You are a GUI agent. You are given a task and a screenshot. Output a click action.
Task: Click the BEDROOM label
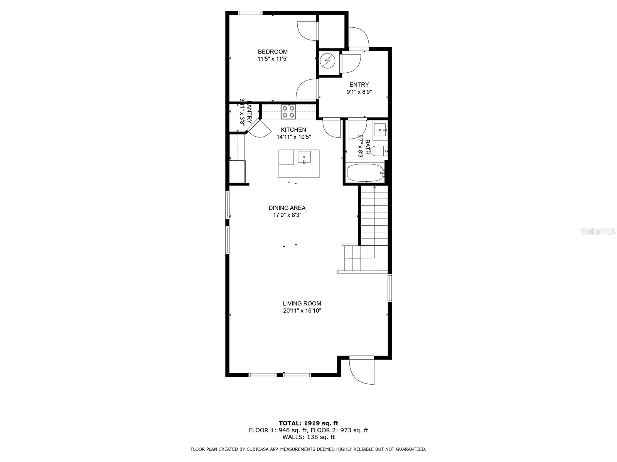(x=273, y=52)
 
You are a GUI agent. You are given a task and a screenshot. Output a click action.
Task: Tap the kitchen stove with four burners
(x=288, y=112)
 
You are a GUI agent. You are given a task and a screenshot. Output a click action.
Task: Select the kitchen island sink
(x=304, y=157)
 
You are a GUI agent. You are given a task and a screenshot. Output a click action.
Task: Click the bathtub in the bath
(x=365, y=173)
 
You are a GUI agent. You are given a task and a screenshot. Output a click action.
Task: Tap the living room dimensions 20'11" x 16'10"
(x=302, y=311)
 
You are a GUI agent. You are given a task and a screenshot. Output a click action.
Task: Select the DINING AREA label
(x=287, y=208)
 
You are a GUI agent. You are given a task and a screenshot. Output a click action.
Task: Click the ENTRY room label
(x=359, y=85)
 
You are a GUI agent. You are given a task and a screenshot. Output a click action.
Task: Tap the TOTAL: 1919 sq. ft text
(x=308, y=423)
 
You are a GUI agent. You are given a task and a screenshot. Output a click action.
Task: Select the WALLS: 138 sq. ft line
(x=308, y=437)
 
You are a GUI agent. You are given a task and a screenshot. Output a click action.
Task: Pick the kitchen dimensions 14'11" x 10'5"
(x=293, y=137)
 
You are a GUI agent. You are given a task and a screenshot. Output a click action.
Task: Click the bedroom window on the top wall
(x=251, y=13)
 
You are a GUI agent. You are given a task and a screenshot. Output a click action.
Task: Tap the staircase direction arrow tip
(x=374, y=187)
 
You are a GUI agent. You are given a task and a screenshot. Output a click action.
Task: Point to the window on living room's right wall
(x=389, y=288)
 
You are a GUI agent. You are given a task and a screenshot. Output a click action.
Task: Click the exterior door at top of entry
(x=359, y=38)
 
